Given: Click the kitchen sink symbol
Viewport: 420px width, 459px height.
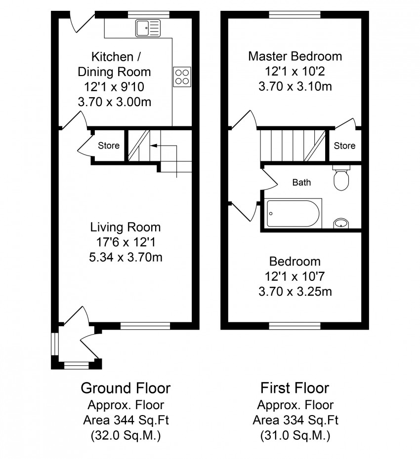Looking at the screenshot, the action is click(148, 28).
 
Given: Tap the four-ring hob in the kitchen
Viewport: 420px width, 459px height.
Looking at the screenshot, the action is click(182, 76).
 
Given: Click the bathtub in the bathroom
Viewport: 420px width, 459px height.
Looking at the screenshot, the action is click(293, 213).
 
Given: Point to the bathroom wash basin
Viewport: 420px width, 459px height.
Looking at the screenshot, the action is click(341, 224).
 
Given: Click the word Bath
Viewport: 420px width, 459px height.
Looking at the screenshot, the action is click(301, 183).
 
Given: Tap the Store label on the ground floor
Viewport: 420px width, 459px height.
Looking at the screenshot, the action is click(109, 146).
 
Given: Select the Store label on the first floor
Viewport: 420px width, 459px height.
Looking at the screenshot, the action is click(345, 146).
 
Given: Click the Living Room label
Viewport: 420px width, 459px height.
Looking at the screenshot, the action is click(126, 227).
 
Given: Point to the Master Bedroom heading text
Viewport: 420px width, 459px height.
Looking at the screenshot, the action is click(295, 56).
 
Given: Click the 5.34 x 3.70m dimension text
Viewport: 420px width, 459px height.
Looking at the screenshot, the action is click(126, 257).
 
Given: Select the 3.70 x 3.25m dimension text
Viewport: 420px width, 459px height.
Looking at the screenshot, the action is click(295, 292).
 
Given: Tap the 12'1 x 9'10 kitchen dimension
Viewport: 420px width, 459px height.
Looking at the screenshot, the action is click(114, 87).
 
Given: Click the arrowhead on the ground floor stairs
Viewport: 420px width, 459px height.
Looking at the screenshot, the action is click(153, 146).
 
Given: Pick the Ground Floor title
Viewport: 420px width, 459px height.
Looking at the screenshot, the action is click(126, 388).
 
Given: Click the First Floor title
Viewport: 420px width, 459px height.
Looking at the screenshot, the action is click(295, 388).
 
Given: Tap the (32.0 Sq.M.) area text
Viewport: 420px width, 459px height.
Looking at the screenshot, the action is click(126, 436).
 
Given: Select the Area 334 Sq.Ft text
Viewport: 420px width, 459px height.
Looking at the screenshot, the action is click(295, 421).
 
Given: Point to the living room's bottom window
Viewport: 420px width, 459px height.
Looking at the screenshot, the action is click(145, 326).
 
